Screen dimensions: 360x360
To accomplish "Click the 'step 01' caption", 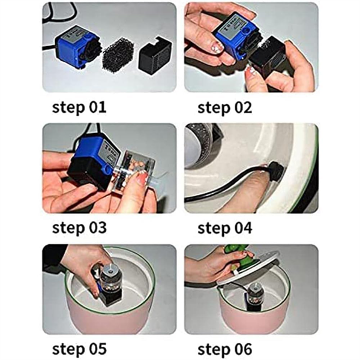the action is tap(79, 107).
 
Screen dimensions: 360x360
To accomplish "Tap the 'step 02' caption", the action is tap(225, 107).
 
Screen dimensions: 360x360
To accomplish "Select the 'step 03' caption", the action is tap(79, 228).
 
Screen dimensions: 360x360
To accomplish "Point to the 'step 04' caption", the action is tap(225, 228).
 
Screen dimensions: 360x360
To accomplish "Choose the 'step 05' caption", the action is tap(79, 349).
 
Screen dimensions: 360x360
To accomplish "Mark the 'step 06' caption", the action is tap(225, 349).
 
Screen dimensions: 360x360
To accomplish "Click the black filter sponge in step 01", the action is tap(118, 55).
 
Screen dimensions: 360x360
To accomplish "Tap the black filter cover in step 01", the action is tap(155, 53).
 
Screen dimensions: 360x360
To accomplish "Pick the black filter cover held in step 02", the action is tap(268, 58).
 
